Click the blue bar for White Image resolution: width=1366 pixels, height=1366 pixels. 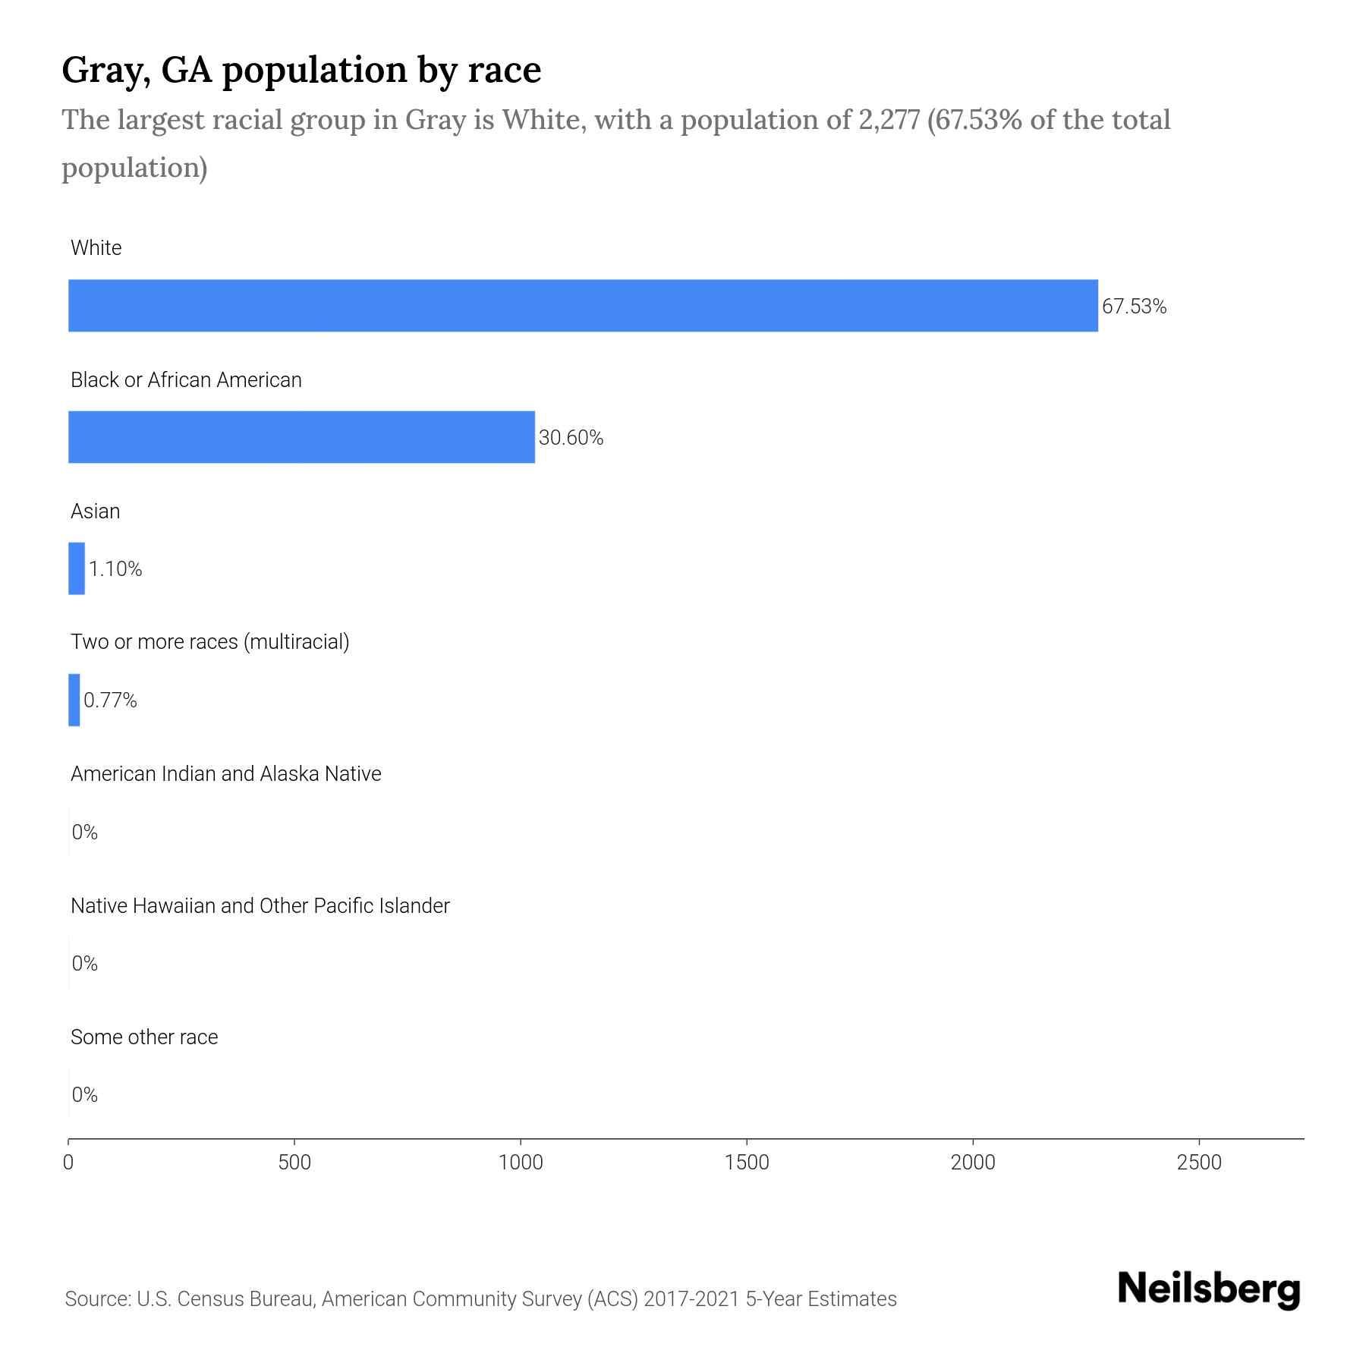(x=583, y=306)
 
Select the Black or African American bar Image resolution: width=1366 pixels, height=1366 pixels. (x=301, y=437)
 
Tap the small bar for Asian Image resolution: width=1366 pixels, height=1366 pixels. (x=77, y=568)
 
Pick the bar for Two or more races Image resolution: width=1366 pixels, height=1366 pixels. (x=74, y=700)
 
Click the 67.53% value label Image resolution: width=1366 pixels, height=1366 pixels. (x=1134, y=307)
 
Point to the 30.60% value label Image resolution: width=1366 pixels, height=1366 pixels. (x=571, y=438)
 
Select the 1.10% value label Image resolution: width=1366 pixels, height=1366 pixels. (x=115, y=569)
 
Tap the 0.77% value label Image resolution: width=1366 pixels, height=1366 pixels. (x=110, y=700)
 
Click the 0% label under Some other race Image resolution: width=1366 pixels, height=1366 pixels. (x=85, y=1094)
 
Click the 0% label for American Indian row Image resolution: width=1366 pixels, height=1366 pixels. (x=85, y=833)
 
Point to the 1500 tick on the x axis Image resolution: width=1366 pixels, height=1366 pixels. (x=747, y=1162)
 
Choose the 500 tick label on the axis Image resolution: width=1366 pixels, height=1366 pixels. (x=294, y=1162)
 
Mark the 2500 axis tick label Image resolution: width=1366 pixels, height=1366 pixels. (x=1199, y=1162)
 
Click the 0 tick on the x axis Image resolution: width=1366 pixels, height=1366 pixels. (x=68, y=1162)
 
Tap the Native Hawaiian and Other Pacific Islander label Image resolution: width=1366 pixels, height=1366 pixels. (x=260, y=905)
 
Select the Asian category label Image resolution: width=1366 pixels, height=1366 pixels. (x=95, y=511)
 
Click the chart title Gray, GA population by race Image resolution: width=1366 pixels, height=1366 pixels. (x=301, y=70)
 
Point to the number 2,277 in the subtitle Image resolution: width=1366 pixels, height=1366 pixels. (x=889, y=120)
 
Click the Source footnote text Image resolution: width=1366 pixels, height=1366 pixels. (x=480, y=1298)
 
